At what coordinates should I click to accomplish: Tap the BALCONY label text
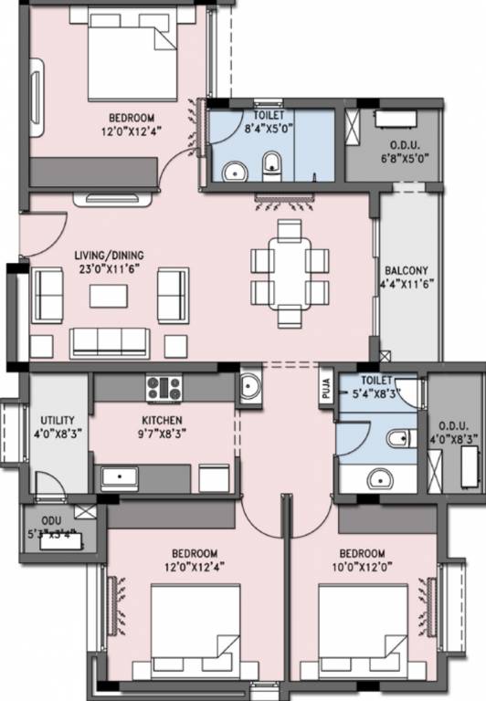click(x=404, y=271)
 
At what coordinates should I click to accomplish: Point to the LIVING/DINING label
click(x=110, y=255)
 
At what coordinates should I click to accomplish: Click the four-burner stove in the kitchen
click(x=164, y=388)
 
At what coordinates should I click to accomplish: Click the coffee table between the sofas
click(x=109, y=297)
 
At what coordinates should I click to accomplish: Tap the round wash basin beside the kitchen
click(x=249, y=388)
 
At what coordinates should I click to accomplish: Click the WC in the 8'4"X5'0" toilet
click(x=271, y=164)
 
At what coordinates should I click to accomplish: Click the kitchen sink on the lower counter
click(x=120, y=476)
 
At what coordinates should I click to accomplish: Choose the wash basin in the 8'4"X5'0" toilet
click(x=235, y=171)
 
